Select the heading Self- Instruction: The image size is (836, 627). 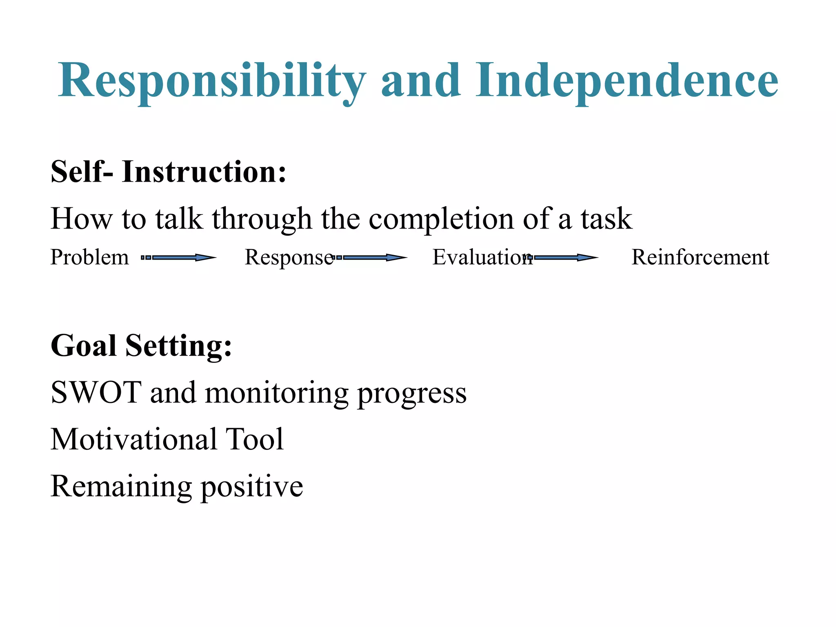tap(168, 172)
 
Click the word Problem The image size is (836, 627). tap(89, 258)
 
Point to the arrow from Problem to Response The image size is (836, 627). tap(178, 258)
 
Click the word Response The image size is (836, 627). tap(289, 258)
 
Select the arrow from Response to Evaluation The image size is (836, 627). tap(370, 258)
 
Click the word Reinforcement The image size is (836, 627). tap(700, 258)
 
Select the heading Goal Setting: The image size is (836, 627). tap(141, 346)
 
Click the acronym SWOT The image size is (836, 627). tap(96, 393)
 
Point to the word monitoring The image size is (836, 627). tap(276, 393)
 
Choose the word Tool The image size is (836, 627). tap(255, 440)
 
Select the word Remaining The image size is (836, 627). tap(121, 487)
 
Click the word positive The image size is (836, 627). tap(252, 487)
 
